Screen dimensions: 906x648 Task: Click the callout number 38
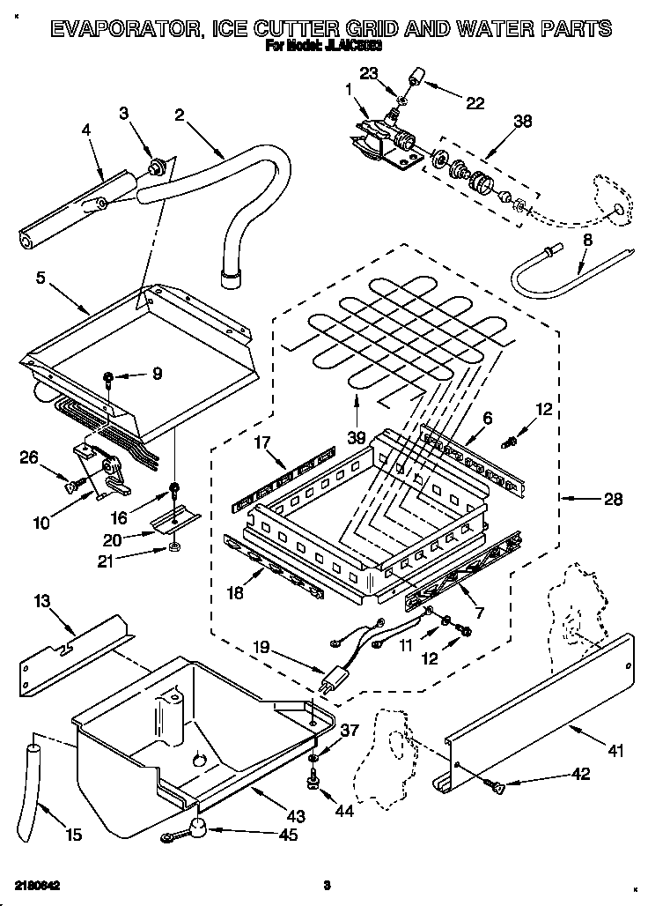point(522,123)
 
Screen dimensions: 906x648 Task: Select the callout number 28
point(613,500)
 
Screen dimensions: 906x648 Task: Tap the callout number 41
point(615,752)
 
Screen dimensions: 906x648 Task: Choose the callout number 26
point(28,457)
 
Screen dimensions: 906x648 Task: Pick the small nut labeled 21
point(174,550)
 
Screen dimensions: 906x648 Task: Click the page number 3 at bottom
point(325,885)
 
